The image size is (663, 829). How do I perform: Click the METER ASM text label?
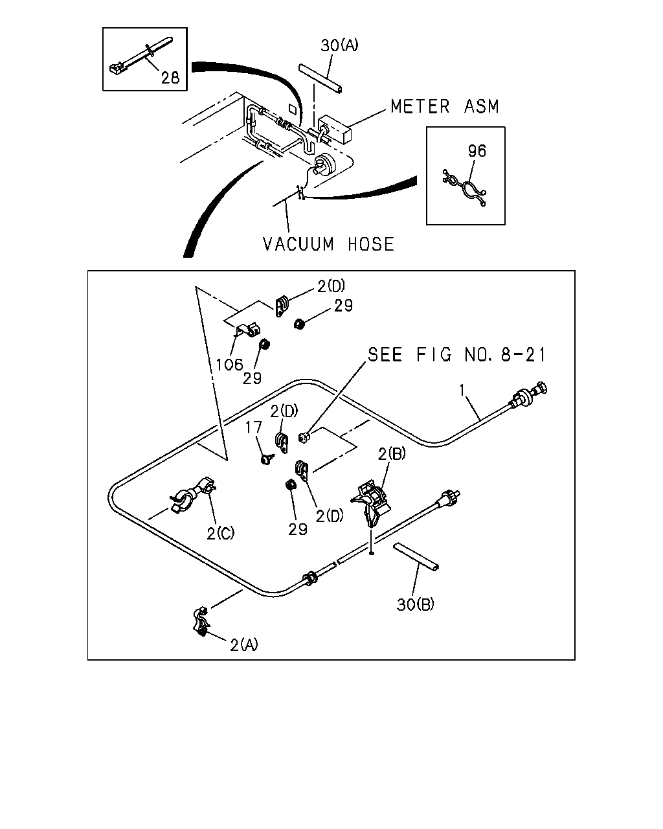point(445,106)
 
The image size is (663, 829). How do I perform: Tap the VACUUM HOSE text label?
point(329,244)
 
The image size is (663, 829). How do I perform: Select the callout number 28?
point(170,78)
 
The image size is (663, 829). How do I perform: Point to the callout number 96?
point(477,151)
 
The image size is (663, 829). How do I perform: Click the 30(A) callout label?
point(339,45)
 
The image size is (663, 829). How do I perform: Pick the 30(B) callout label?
point(415,604)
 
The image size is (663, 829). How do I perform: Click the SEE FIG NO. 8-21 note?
point(456,354)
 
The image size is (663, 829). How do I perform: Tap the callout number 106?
point(229,365)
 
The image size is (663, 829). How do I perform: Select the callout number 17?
point(254,427)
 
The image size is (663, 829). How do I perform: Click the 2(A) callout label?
point(244,645)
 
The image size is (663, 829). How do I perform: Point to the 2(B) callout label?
point(392,454)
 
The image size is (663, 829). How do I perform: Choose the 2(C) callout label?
point(220,534)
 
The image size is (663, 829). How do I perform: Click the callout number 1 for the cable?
point(462,391)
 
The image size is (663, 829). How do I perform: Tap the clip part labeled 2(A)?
point(200,622)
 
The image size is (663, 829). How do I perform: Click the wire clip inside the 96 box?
point(465,188)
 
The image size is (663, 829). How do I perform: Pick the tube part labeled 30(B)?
point(416,556)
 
